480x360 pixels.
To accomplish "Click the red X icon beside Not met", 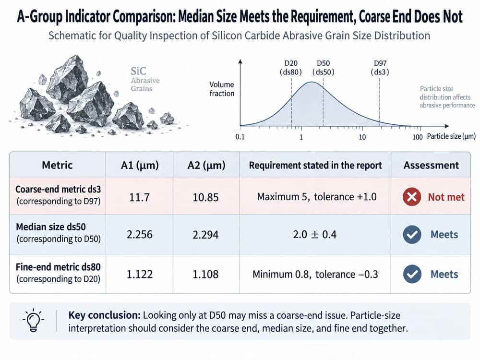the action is coord(412,196).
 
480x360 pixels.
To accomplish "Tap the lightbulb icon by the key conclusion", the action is coord(33,321).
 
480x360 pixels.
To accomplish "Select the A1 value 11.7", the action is coord(139,197).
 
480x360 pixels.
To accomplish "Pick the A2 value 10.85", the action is coord(205,197).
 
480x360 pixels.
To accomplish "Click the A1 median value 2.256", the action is coord(139,235).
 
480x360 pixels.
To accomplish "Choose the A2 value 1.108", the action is coord(205,274).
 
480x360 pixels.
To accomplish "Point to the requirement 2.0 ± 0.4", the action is coord(315,235).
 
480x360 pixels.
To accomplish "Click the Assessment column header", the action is coord(431,165).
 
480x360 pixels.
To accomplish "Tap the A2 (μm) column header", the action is coord(206,165).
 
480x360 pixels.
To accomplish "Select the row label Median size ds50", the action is coord(51,227).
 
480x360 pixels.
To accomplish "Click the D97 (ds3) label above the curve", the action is coord(380,68).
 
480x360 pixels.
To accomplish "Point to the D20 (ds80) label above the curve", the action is coord(291,68).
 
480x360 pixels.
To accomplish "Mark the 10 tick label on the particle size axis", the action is coord(362,137).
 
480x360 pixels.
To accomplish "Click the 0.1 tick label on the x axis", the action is coord(240,137).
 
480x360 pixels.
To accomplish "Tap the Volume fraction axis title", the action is coord(222,89).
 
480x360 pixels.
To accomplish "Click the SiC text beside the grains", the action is coord(138,71).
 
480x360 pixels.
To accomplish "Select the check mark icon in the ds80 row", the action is coord(412,274).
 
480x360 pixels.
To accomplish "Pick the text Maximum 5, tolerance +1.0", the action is coord(316,196).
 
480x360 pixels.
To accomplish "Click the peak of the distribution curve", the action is coord(312,82).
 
